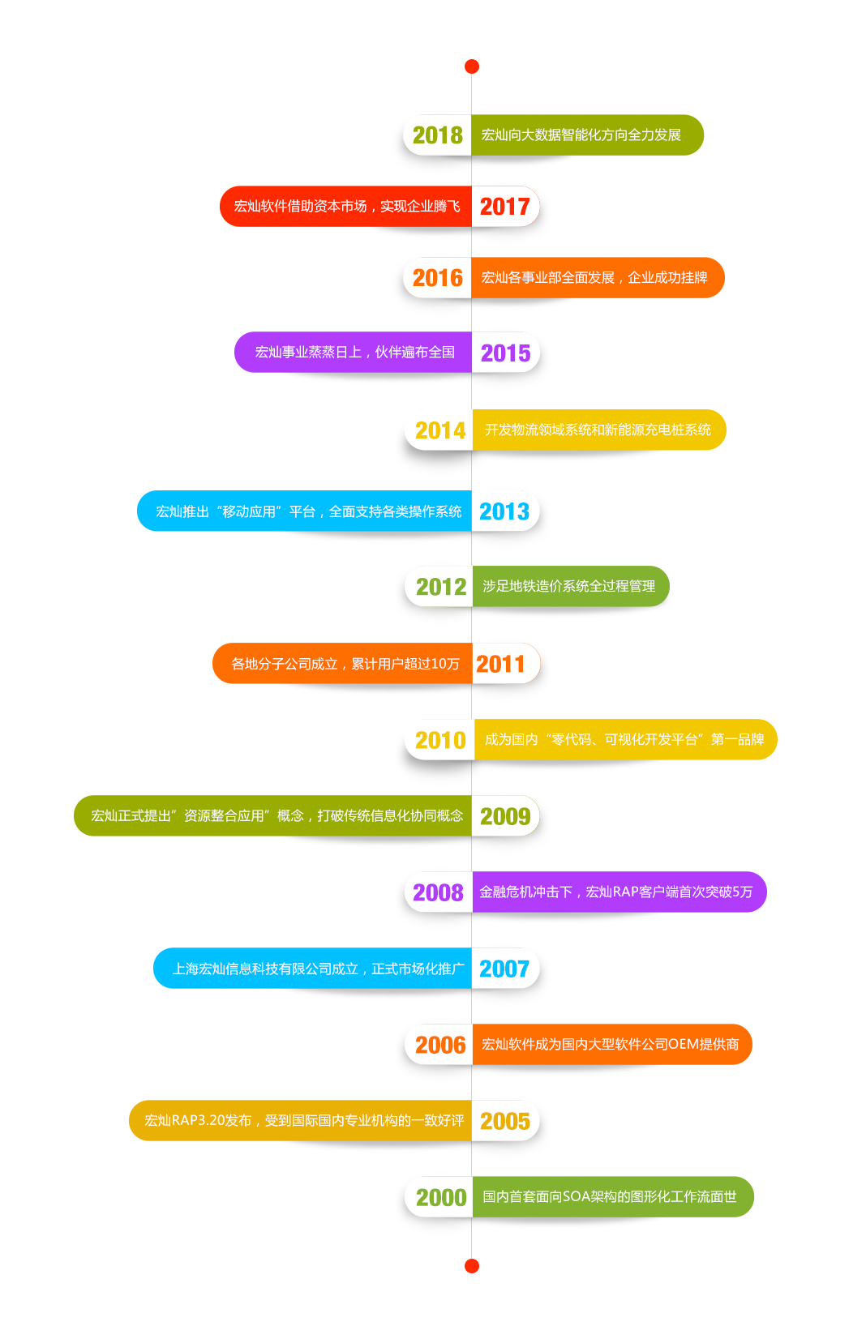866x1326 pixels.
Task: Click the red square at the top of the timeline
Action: (x=471, y=67)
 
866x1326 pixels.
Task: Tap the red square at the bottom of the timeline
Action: (x=471, y=1264)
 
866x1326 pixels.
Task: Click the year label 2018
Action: (x=437, y=135)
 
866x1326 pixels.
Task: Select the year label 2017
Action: (x=504, y=207)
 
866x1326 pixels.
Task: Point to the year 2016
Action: (x=437, y=278)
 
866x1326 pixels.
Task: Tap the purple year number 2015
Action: (x=505, y=353)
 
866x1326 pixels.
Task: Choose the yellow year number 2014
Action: (x=440, y=430)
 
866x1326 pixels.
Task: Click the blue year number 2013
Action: (x=504, y=511)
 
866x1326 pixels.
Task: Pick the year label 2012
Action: (x=440, y=587)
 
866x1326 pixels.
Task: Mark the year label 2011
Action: (x=500, y=665)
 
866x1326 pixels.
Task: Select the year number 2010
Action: (x=440, y=740)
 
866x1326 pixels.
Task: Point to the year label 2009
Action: (x=504, y=816)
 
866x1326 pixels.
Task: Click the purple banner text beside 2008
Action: (x=615, y=892)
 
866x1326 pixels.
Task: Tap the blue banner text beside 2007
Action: (x=318, y=969)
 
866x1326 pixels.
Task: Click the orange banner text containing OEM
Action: (x=610, y=1044)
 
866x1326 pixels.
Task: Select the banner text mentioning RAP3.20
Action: (x=303, y=1120)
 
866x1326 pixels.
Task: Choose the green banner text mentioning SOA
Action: (x=609, y=1196)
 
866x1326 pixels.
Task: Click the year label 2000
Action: (x=440, y=1198)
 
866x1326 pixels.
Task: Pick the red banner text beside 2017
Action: (x=346, y=206)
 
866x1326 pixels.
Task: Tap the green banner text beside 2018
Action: (x=581, y=135)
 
